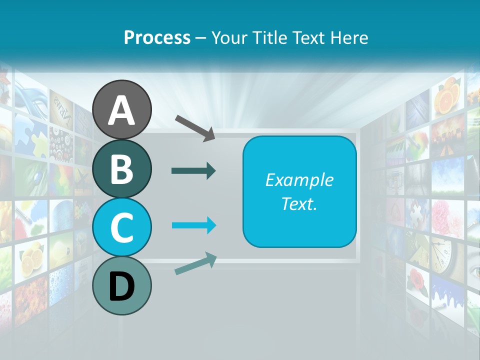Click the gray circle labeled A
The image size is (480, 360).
coord(121,110)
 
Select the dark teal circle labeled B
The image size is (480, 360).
coord(121,168)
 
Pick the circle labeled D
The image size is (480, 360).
coord(121,285)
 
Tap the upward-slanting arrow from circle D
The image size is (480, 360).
coord(195,263)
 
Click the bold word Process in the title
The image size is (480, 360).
coord(157,37)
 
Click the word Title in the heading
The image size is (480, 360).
coord(269,37)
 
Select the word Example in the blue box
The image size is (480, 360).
coord(299,180)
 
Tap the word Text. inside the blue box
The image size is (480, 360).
coord(299,203)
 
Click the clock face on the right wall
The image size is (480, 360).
coord(442,253)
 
